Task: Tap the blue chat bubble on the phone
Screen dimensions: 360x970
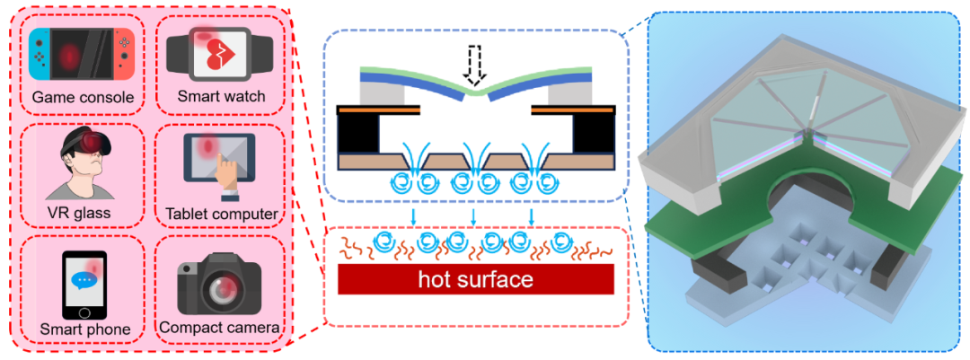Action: coord(85,277)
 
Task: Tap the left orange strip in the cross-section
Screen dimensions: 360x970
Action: coord(377,109)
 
